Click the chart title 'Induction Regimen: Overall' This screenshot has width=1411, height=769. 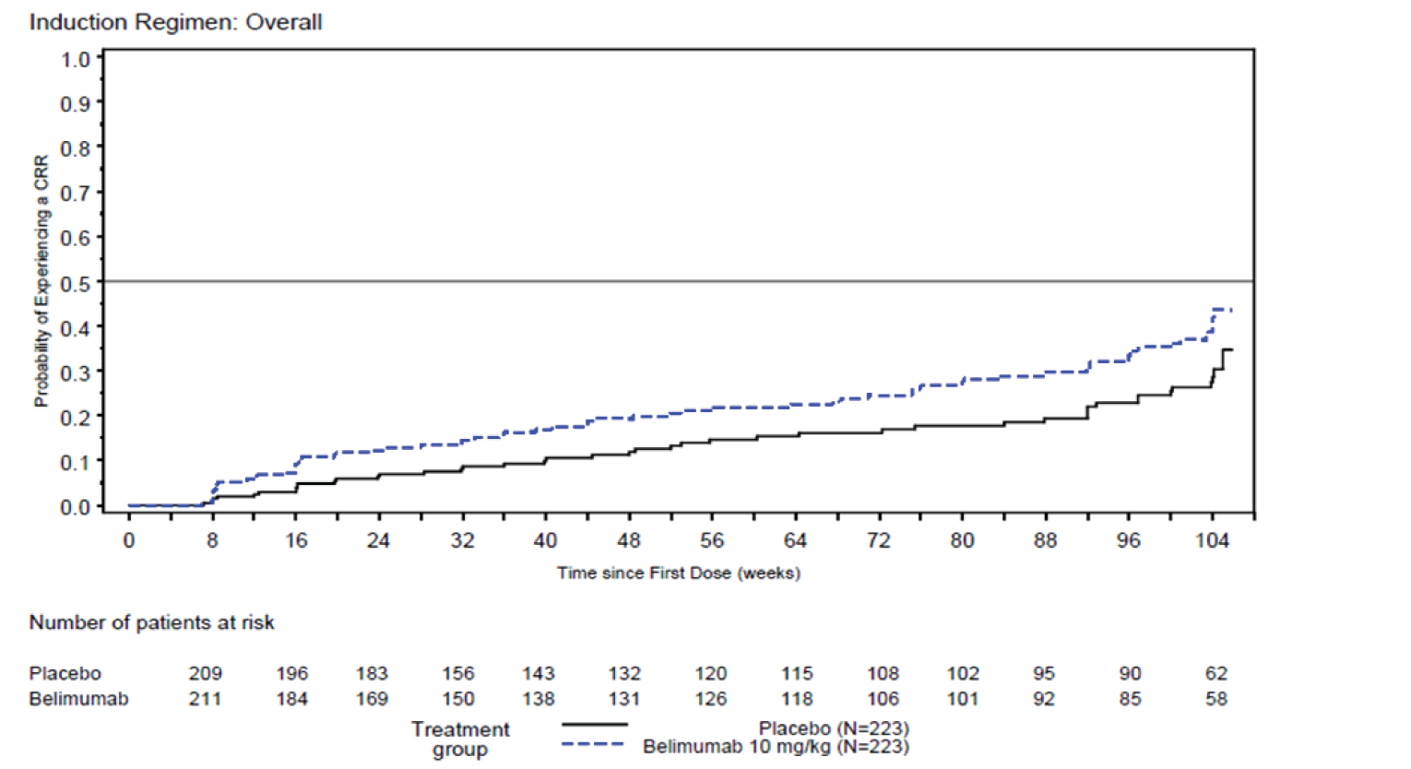point(175,22)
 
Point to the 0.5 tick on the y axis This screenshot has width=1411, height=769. point(76,283)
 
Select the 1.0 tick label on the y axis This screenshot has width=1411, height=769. point(76,60)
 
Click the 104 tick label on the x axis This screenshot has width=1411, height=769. point(1212,541)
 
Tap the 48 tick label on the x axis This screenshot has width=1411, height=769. point(628,541)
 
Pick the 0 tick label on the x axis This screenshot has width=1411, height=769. point(129,541)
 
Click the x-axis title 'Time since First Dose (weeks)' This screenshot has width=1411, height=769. point(678,574)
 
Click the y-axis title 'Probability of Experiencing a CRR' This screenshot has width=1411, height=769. point(41,281)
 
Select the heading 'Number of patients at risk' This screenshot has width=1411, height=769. point(151,623)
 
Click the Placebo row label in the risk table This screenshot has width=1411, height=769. point(65,674)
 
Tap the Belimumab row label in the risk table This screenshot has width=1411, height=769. point(78,699)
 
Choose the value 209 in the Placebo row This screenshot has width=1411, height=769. point(205,674)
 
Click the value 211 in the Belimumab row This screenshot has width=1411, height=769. point(205,699)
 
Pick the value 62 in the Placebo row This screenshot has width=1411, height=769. point(1215,674)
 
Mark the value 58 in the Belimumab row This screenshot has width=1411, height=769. point(1215,699)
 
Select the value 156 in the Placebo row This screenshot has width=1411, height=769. point(457,674)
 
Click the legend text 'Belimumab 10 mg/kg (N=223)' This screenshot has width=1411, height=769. point(776,747)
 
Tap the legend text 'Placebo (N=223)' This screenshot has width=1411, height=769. point(834,729)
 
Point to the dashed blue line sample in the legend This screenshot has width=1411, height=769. point(594,744)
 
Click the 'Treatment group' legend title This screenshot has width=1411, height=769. point(460,739)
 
